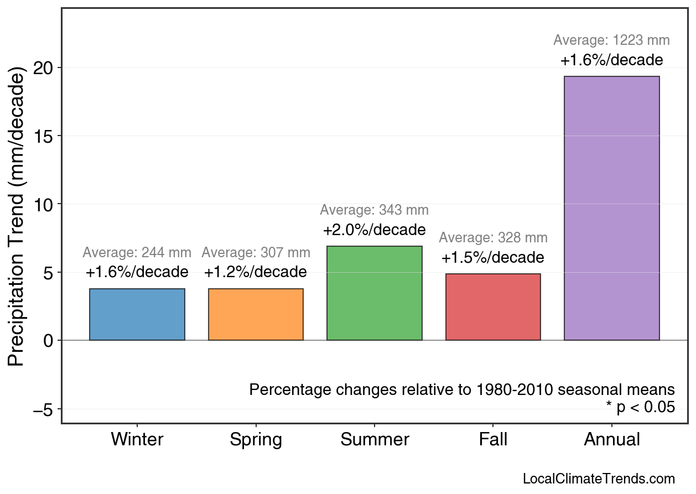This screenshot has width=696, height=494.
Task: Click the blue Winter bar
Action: point(137,314)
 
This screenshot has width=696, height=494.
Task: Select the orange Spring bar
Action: point(256,314)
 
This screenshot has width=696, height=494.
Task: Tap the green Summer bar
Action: point(374,293)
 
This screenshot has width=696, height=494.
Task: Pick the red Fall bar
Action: point(493,307)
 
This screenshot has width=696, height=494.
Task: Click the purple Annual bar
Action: point(611,208)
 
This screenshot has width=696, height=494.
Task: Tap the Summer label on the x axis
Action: point(375,440)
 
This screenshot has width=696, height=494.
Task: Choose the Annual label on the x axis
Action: point(611,440)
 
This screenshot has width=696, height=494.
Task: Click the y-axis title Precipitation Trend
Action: point(18,218)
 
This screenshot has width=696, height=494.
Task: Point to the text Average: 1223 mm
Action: point(611,40)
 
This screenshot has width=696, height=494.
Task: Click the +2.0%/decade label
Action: point(374,230)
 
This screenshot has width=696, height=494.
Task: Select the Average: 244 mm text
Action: point(137,253)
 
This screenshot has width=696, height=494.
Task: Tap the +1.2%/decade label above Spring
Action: point(255,272)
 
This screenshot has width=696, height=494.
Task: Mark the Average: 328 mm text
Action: point(493,238)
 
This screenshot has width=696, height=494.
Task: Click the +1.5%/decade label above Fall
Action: point(492,258)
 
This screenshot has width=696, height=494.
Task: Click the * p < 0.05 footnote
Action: point(640,408)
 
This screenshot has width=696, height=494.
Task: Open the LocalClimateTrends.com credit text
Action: point(599,479)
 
